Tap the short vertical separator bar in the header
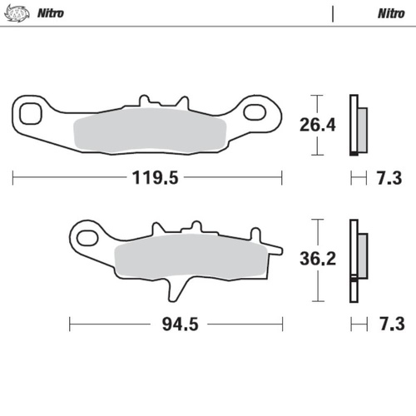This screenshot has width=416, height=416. (x=334, y=14)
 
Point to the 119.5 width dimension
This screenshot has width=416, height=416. (x=148, y=177)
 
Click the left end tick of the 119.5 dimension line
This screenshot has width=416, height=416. (x=14, y=177)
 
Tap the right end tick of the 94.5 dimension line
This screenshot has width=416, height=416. (x=284, y=324)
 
